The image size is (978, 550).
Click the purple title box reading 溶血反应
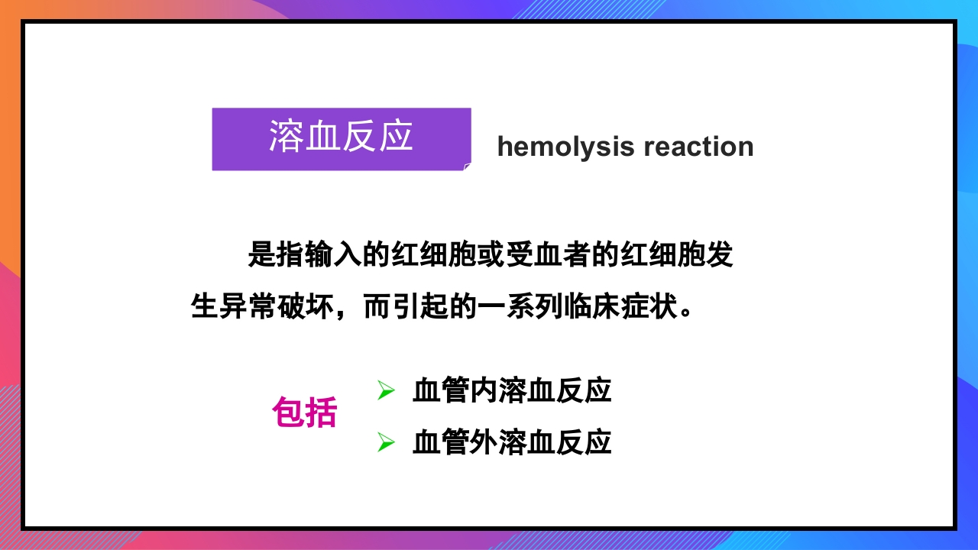(341, 138)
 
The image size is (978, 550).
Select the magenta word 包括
(304, 413)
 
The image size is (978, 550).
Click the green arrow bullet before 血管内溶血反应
(386, 391)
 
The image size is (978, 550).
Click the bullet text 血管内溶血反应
(512, 391)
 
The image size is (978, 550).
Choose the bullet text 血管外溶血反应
(512, 442)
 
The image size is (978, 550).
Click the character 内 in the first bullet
(484, 391)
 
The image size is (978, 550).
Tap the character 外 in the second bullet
(484, 442)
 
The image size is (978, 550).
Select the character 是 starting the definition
(262, 255)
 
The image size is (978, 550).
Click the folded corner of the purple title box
(467, 166)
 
